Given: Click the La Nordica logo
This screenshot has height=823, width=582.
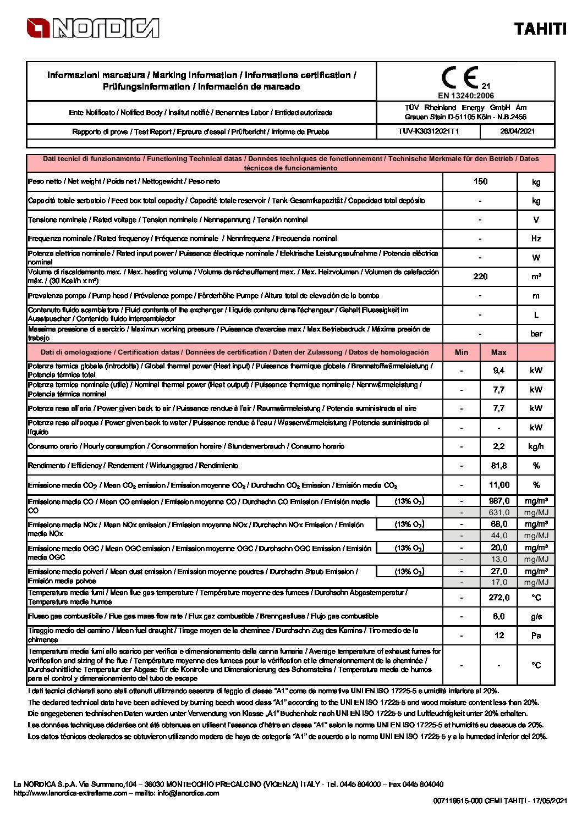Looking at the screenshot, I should pos(93,28).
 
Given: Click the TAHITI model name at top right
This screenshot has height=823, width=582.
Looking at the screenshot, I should pos(540,29).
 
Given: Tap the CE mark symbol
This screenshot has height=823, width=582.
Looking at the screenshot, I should pos(459,78).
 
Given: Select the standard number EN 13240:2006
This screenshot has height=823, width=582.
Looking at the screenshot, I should pos(466,96).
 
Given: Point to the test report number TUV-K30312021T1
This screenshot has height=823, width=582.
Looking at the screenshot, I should pos(429,131).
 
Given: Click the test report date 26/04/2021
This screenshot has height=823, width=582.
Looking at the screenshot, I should pos(517,131).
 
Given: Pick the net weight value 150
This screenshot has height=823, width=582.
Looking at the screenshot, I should pos(480,181).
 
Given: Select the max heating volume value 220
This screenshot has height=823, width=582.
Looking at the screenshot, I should pos(480,277).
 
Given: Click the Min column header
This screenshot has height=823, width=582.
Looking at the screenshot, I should pos(462,352).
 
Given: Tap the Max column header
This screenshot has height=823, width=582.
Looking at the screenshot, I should pos(499,352).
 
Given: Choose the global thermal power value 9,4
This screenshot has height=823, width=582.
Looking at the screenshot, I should pos(499,371).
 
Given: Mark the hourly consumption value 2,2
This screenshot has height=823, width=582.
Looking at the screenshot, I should pos(499,446).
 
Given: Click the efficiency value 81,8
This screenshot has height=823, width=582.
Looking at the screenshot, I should pos(499,466).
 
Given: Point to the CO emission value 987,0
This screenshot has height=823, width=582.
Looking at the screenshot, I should pos(499,501).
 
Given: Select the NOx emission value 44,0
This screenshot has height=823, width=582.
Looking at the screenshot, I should pos(499,535).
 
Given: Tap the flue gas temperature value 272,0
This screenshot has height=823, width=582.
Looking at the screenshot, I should pos(499,598).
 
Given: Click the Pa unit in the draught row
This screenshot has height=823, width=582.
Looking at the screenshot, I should pos(536,636).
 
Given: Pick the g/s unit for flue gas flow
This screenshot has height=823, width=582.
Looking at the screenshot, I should pos(536,617).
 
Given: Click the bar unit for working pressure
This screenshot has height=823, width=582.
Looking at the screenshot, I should pos(536,334).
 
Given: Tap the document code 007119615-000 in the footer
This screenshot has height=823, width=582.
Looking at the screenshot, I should pos(458,801).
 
